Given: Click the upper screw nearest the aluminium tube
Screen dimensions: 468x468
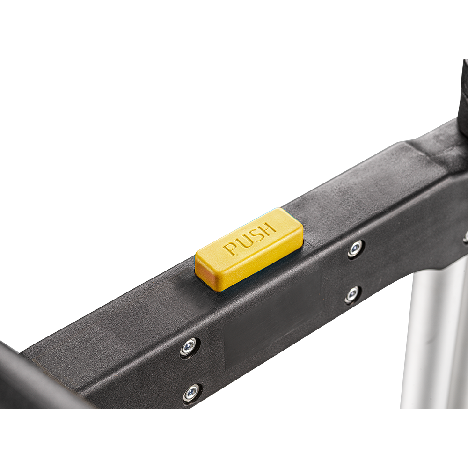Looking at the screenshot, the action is pyautogui.click(x=356, y=249).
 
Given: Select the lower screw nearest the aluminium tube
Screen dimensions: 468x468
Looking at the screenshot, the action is pyautogui.click(x=353, y=294).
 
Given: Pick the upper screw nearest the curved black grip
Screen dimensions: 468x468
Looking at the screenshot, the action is pyautogui.click(x=189, y=347).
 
